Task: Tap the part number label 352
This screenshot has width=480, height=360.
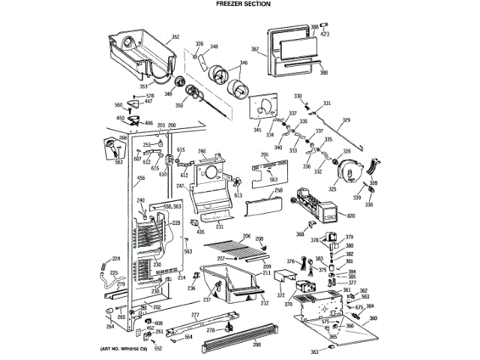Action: (175, 37)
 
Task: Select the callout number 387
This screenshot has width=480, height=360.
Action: (255, 49)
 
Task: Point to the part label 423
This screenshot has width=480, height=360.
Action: (325, 33)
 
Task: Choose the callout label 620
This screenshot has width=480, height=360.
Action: (350, 215)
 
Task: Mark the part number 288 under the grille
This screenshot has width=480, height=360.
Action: (256, 344)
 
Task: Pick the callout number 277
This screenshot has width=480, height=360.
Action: (195, 315)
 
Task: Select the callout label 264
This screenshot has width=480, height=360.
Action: (110, 326)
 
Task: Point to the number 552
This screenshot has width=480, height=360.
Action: (158, 349)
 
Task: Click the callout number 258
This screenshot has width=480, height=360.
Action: (278, 191)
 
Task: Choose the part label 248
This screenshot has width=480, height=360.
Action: (202, 151)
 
